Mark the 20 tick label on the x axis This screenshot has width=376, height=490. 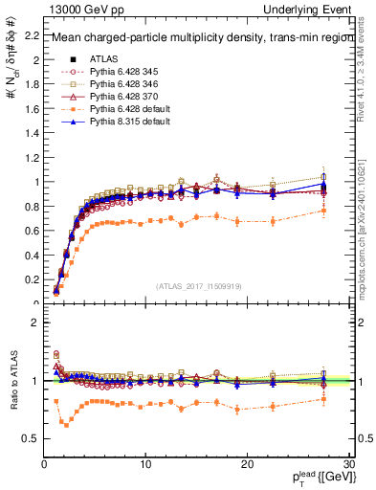[247, 465]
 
